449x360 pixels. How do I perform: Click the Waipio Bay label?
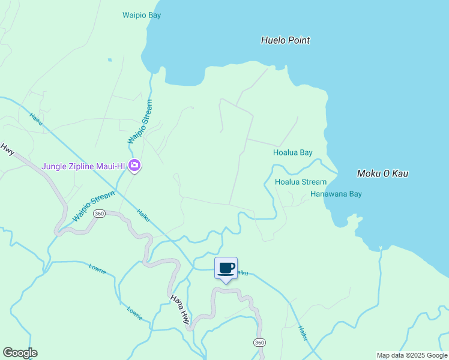tap(142, 15)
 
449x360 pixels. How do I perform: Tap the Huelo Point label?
tap(285, 41)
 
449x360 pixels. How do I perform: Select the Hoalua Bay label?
tap(293, 153)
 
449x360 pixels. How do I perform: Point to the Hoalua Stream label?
tap(301, 182)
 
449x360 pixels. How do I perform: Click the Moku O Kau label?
tap(382, 173)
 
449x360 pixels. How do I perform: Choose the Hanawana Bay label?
tap(336, 194)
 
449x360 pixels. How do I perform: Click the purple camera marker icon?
tap(134, 166)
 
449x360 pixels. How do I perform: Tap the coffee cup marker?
tap(226, 268)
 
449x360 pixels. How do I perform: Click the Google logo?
tap(20, 353)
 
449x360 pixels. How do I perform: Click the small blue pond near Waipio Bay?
tap(110, 60)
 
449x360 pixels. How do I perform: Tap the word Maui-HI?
tap(112, 166)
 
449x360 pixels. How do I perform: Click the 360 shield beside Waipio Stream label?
tap(100, 214)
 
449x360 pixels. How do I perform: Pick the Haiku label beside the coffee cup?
tap(242, 273)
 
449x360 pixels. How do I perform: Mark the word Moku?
tap(369, 173)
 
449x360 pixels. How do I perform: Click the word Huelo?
tap(273, 41)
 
